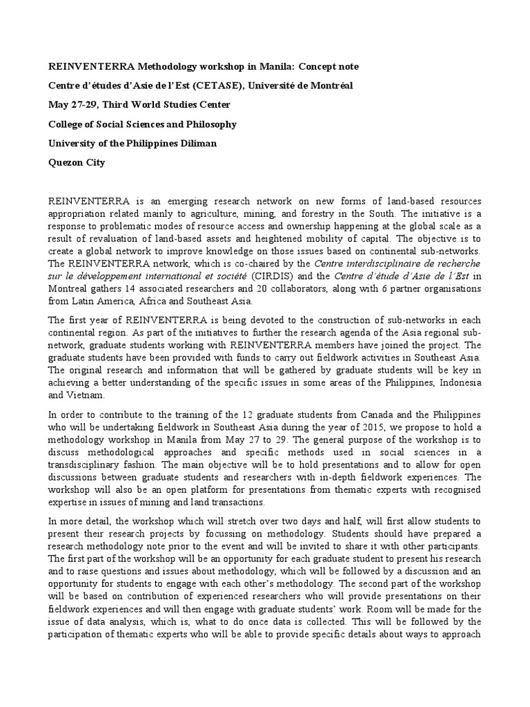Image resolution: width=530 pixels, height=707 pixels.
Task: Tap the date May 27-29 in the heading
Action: tap(72, 105)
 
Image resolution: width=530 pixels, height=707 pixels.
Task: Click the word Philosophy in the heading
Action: tap(207, 124)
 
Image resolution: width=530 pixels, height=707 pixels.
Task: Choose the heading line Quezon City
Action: tap(76, 163)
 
